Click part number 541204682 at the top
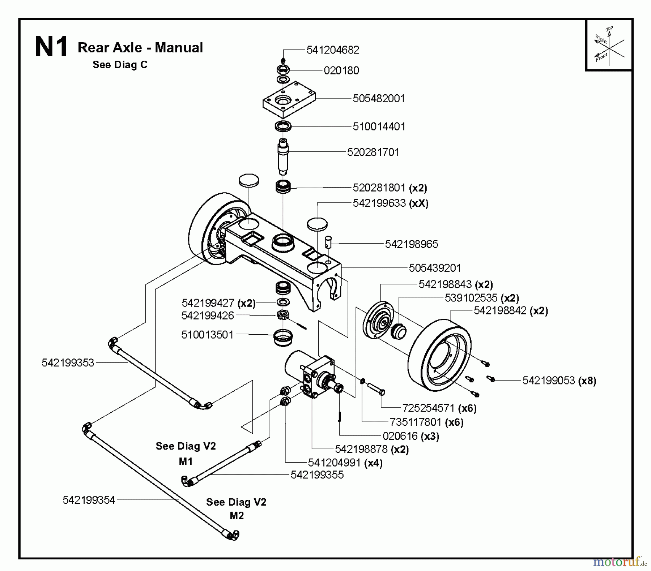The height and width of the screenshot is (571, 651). (x=333, y=50)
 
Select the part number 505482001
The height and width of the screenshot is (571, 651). (x=379, y=99)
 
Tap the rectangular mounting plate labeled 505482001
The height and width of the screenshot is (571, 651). (x=289, y=99)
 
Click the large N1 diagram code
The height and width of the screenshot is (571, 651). (x=51, y=47)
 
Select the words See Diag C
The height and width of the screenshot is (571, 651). (x=120, y=65)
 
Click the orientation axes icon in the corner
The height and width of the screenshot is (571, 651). (x=609, y=46)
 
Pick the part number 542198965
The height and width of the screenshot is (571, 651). (x=411, y=244)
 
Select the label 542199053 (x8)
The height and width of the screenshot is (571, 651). (x=559, y=381)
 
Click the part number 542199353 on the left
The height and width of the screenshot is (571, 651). (x=68, y=363)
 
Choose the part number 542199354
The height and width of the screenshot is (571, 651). (x=89, y=500)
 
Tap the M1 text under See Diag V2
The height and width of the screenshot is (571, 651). (x=186, y=461)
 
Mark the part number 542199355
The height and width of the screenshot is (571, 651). (x=317, y=475)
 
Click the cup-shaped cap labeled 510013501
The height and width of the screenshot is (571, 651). (x=283, y=338)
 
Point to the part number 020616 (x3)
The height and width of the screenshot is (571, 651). (x=410, y=436)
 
